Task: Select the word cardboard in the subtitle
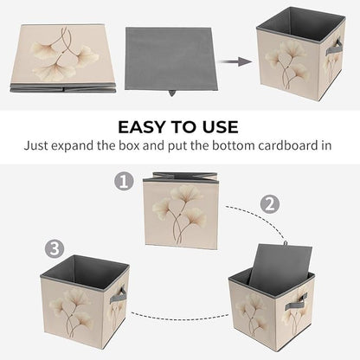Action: (289, 145)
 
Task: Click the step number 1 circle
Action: (124, 182)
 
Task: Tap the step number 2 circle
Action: (270, 204)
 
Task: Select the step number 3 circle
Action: (55, 248)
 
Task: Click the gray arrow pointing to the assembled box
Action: (235, 61)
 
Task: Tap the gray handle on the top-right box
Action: (334, 48)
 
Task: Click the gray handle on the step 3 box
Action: (118, 295)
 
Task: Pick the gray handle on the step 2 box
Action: (296, 303)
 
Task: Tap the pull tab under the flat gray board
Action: (172, 93)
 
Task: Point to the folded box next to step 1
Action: (181, 211)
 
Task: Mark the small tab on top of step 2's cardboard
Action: (286, 243)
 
